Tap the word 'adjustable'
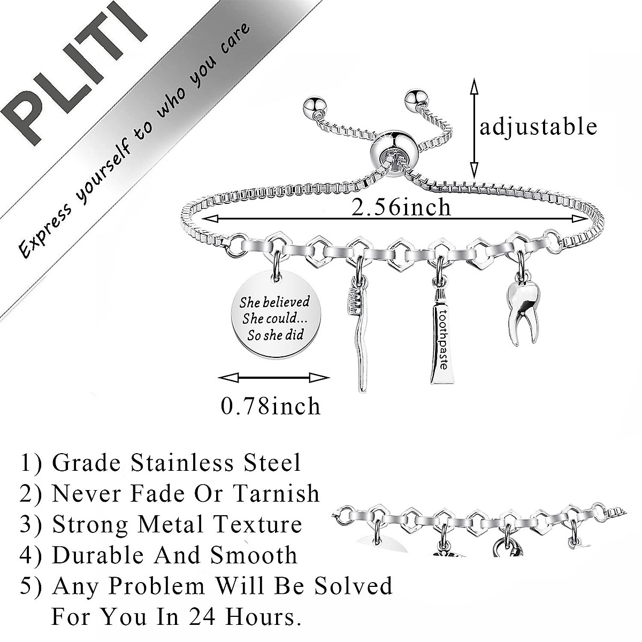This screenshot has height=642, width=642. (x=538, y=127)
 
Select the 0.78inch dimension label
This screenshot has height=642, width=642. (x=271, y=406)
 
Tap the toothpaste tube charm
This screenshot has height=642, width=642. (x=442, y=340)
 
